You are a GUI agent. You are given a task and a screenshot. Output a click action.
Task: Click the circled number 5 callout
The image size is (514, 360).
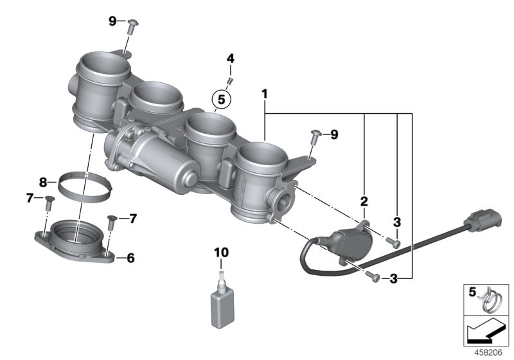coord(221,100)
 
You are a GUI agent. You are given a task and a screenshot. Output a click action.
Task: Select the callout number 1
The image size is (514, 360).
coord(263,94)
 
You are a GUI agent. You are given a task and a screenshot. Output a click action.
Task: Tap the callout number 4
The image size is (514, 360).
coord(230,60)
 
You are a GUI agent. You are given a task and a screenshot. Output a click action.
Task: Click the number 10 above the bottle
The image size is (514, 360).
coord(221,253)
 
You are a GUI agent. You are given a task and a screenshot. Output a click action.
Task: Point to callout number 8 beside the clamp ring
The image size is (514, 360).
coord(43,183)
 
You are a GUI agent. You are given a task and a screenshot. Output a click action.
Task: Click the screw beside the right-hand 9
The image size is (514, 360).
coord(315,136)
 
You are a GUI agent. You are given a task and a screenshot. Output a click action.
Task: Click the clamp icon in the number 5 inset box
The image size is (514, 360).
coord(491,299)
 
